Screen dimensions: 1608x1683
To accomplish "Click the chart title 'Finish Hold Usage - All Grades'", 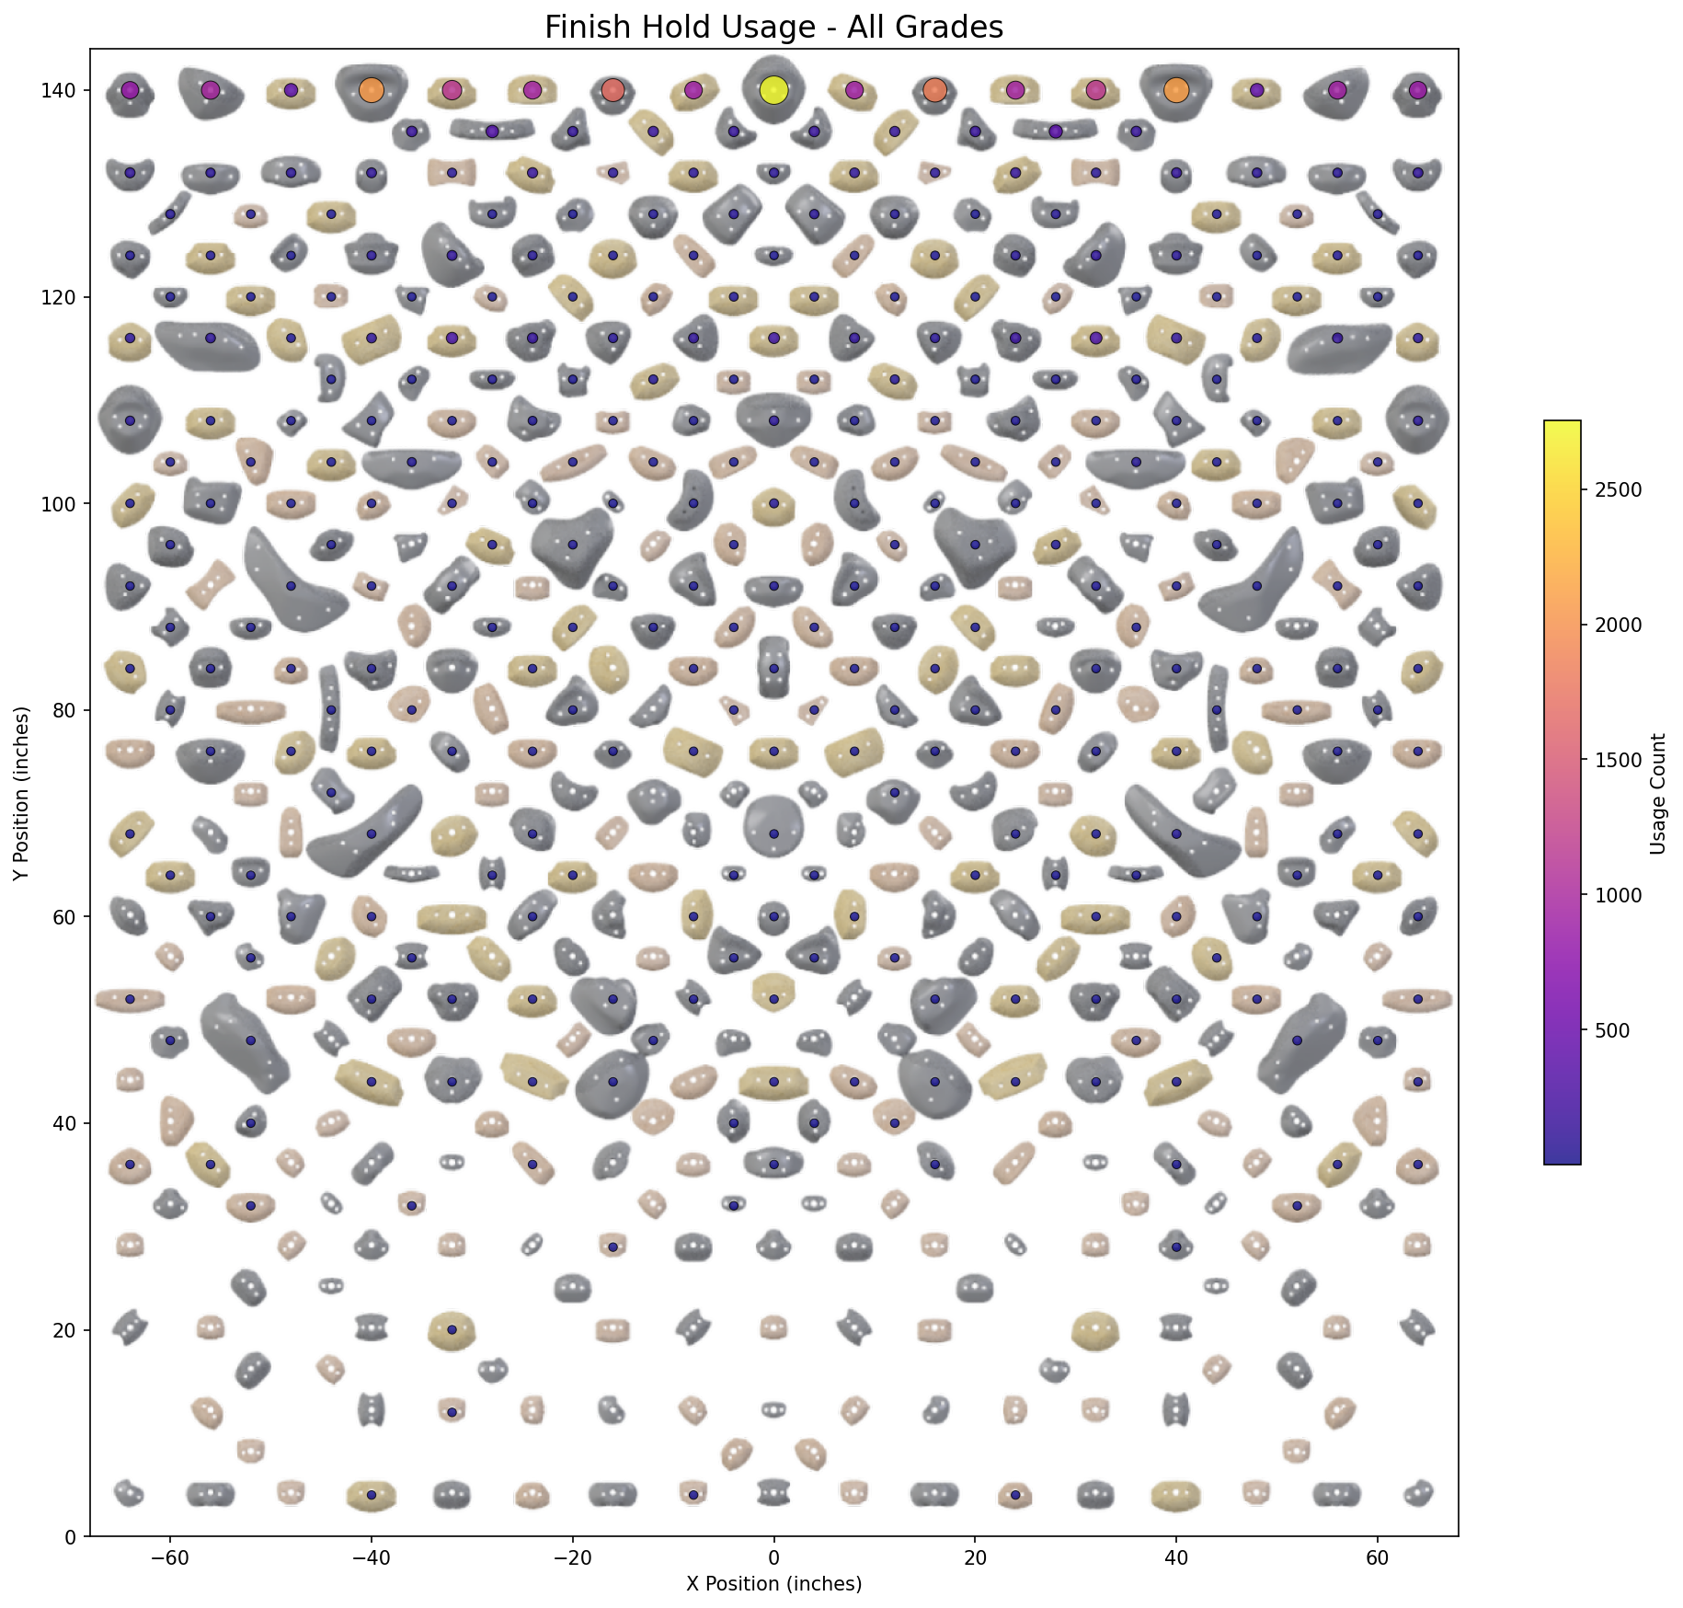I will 773,28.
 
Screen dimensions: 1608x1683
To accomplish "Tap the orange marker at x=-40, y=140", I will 372,90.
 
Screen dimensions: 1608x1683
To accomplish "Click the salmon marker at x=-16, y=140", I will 613,90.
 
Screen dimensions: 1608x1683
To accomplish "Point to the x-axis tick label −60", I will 169,1557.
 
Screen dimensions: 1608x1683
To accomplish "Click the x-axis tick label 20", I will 975,1557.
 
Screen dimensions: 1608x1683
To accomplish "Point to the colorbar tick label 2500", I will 1616,489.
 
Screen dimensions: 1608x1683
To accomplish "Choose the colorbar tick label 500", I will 1611,1030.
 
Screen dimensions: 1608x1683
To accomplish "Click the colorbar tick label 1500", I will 1616,760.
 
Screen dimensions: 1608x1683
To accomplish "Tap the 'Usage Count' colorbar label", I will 1658,794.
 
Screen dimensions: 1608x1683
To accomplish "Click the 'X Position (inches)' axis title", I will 773,1583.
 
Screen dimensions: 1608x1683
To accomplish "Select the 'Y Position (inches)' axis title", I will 21,793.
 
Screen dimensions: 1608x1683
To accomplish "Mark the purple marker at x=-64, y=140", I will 130,90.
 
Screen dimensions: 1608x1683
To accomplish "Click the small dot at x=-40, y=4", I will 372,1495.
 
